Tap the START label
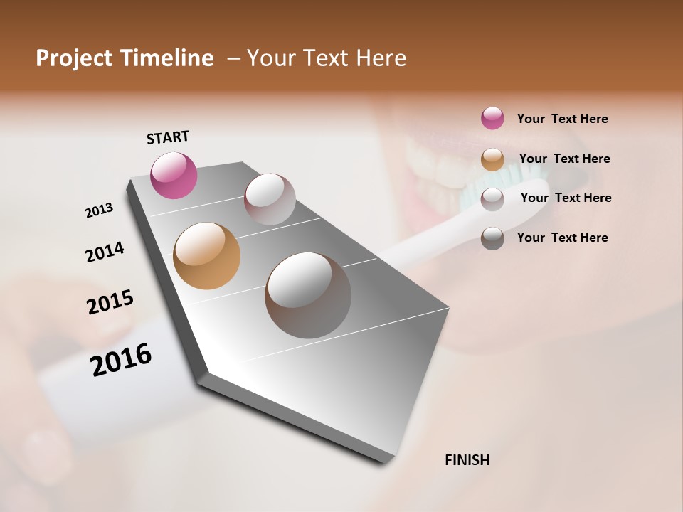(x=168, y=137)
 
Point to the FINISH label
(x=467, y=460)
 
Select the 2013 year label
(x=100, y=210)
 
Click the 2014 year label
(x=105, y=252)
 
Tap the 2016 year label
(x=121, y=360)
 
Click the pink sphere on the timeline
(x=174, y=175)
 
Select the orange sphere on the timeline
(x=206, y=256)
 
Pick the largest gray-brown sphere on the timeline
(x=308, y=295)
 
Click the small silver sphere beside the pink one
(x=270, y=199)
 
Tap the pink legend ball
(x=492, y=119)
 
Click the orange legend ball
(x=492, y=159)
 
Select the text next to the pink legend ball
(x=562, y=119)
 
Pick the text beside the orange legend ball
(x=564, y=159)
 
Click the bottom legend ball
(x=492, y=238)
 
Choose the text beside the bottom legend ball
(x=562, y=238)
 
